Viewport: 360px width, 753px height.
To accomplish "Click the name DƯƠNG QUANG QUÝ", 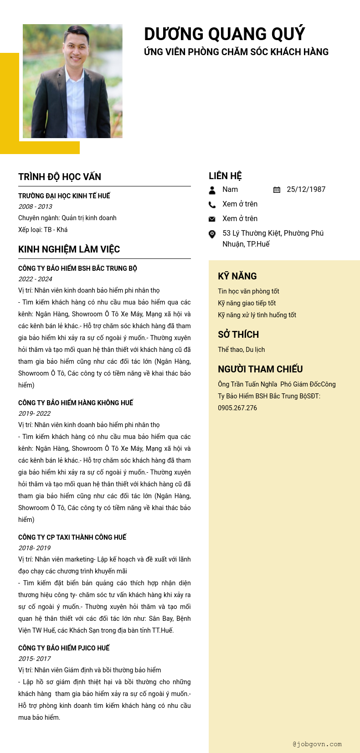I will click(224, 34).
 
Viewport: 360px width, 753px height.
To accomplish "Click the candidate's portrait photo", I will click(72, 81).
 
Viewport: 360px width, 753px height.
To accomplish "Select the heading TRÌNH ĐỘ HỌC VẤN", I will click(60, 177).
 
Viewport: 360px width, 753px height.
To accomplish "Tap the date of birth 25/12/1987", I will click(306, 190).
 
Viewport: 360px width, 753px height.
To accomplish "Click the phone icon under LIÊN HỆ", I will click(212, 205).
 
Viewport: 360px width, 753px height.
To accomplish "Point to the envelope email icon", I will click(212, 219).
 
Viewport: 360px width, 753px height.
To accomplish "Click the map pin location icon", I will click(212, 234).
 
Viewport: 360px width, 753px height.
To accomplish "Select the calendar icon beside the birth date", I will click(277, 190).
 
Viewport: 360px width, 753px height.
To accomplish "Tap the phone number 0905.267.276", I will click(237, 408).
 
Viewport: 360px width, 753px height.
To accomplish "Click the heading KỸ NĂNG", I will click(237, 276).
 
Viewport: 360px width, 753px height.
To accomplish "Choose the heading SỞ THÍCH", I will click(238, 335).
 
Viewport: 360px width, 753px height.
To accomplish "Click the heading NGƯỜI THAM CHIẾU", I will click(260, 369).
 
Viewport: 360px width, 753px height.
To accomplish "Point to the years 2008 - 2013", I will click(35, 206).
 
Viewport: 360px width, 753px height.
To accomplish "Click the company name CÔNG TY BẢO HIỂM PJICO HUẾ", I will click(64, 648).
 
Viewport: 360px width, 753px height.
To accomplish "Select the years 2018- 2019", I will click(34, 548).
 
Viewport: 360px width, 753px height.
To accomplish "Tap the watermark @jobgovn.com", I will click(317, 744).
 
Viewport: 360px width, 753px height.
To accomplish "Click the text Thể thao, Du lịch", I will click(241, 350).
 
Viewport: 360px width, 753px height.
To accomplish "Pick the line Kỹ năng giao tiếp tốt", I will click(247, 303).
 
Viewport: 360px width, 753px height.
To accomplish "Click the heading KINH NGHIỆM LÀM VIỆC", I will click(69, 249).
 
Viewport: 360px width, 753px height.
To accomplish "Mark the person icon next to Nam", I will click(212, 190).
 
